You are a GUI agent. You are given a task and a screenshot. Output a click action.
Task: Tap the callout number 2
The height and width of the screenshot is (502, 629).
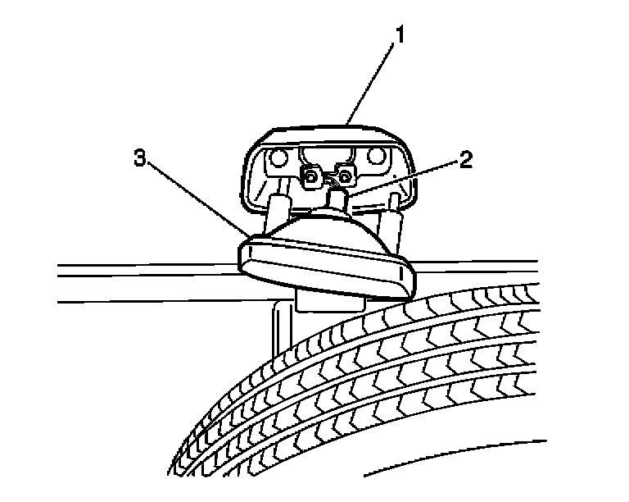[x=465, y=160]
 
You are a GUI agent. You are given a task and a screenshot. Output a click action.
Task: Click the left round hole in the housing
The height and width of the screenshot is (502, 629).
[x=278, y=157]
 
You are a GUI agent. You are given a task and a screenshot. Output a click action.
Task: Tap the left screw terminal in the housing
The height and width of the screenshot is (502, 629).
[x=311, y=175]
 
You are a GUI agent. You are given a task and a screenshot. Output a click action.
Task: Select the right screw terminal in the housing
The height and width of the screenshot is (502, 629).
[x=346, y=176]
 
